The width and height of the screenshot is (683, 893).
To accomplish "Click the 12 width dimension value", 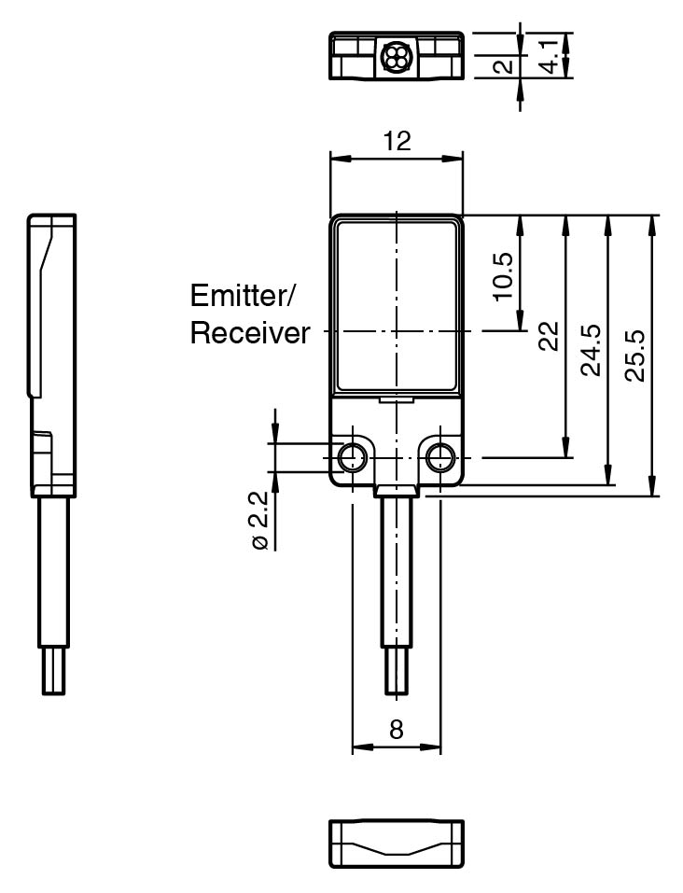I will point(397,141).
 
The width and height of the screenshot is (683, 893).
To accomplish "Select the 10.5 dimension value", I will point(503,275).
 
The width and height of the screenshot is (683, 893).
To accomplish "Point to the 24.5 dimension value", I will point(591,350).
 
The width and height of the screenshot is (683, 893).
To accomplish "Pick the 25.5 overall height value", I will point(635,354).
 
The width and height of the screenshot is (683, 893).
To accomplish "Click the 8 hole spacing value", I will point(397,730).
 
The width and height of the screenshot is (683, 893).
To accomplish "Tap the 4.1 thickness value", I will point(552,55).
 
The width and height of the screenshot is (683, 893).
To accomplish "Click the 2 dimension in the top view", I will point(503,66).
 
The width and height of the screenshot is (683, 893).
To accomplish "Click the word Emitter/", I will point(243,297).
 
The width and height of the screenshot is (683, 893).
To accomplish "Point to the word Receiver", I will point(250,333).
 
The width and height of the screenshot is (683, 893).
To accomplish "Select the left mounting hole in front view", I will point(353,457).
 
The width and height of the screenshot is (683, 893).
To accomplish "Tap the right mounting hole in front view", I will point(439,457).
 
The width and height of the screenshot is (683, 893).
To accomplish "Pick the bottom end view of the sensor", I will point(397,844).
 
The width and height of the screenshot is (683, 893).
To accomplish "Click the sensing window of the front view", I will point(397,303).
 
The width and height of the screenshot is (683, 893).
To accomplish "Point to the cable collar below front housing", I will point(397,492).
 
